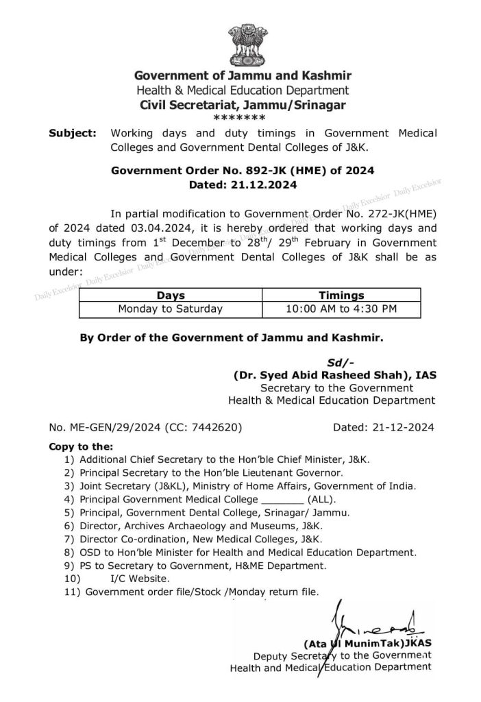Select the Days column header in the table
(171, 295)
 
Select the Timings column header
(342, 295)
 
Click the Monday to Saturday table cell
(171, 308)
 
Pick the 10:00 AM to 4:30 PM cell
(342, 308)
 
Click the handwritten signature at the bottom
(373, 620)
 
